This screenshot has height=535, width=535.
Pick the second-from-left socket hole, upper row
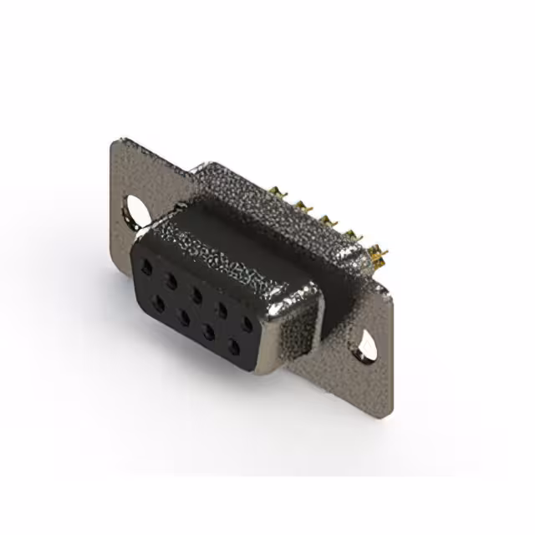[x=171, y=278]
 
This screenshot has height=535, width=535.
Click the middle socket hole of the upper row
[x=196, y=293]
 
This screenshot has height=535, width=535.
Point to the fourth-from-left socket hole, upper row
[x=221, y=308]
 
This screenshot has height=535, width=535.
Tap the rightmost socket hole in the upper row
[x=247, y=323]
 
